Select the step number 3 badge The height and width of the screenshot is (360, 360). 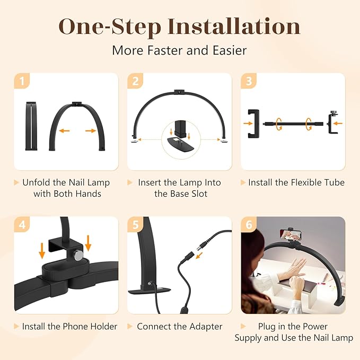tap(249, 81)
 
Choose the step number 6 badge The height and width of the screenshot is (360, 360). tap(249, 224)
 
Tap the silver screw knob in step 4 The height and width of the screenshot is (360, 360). tap(78, 256)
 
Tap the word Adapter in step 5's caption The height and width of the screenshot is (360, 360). tap(205, 327)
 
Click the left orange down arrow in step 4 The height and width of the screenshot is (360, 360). tap(42, 249)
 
